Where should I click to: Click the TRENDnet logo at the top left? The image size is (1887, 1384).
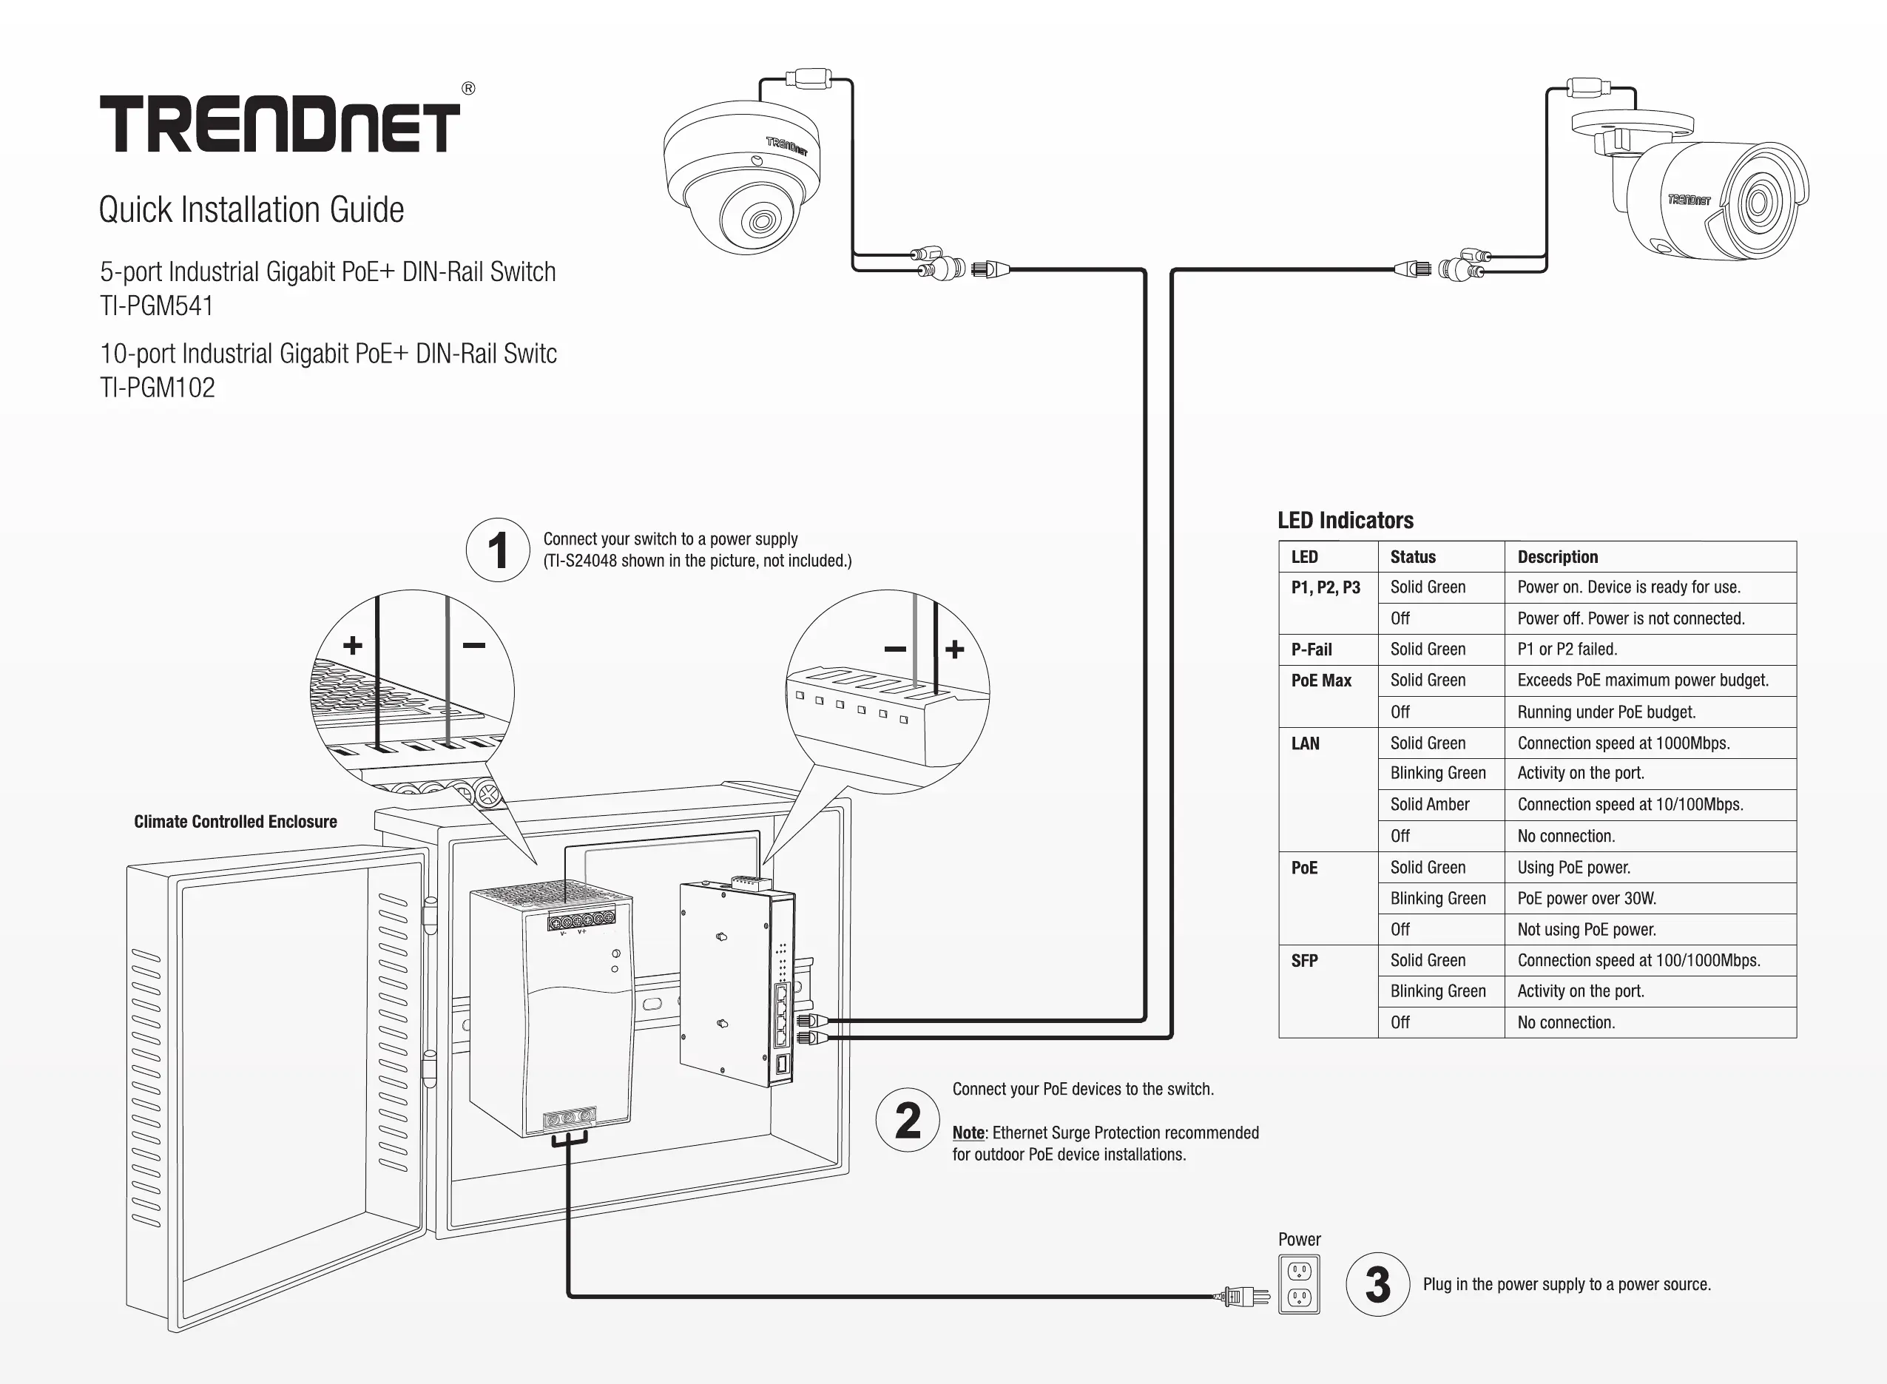point(280,124)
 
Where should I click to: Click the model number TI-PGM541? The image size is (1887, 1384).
point(157,306)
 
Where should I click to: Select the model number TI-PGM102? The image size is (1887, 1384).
point(158,388)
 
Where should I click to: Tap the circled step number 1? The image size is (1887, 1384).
point(498,550)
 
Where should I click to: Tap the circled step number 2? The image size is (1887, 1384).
point(908,1120)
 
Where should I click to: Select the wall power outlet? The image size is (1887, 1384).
point(1299,1284)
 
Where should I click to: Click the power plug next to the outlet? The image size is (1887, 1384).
point(1243,1297)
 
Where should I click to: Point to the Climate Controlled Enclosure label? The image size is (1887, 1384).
point(235,822)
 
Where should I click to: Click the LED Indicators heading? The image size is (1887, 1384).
point(1345,520)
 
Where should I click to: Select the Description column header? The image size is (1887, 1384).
point(1557,557)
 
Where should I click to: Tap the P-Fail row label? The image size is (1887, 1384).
point(1311,649)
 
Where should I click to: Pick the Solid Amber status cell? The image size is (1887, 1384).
point(1430,804)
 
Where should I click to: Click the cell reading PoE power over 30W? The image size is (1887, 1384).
point(1587,898)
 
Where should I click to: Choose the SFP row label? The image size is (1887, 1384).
point(1304,961)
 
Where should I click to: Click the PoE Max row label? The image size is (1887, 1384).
point(1321,681)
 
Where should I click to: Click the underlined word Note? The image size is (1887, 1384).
point(968,1132)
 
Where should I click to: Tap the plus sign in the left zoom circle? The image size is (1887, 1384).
point(353,645)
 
